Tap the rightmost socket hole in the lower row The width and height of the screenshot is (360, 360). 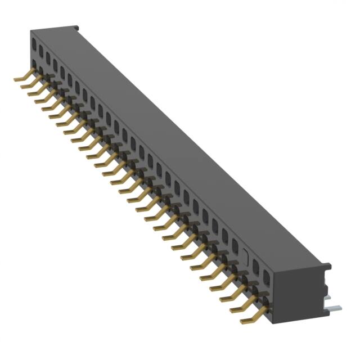[x=266, y=298]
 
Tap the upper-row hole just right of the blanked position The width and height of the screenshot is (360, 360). [x=257, y=264]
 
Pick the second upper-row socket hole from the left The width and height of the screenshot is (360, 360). [x=41, y=50]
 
